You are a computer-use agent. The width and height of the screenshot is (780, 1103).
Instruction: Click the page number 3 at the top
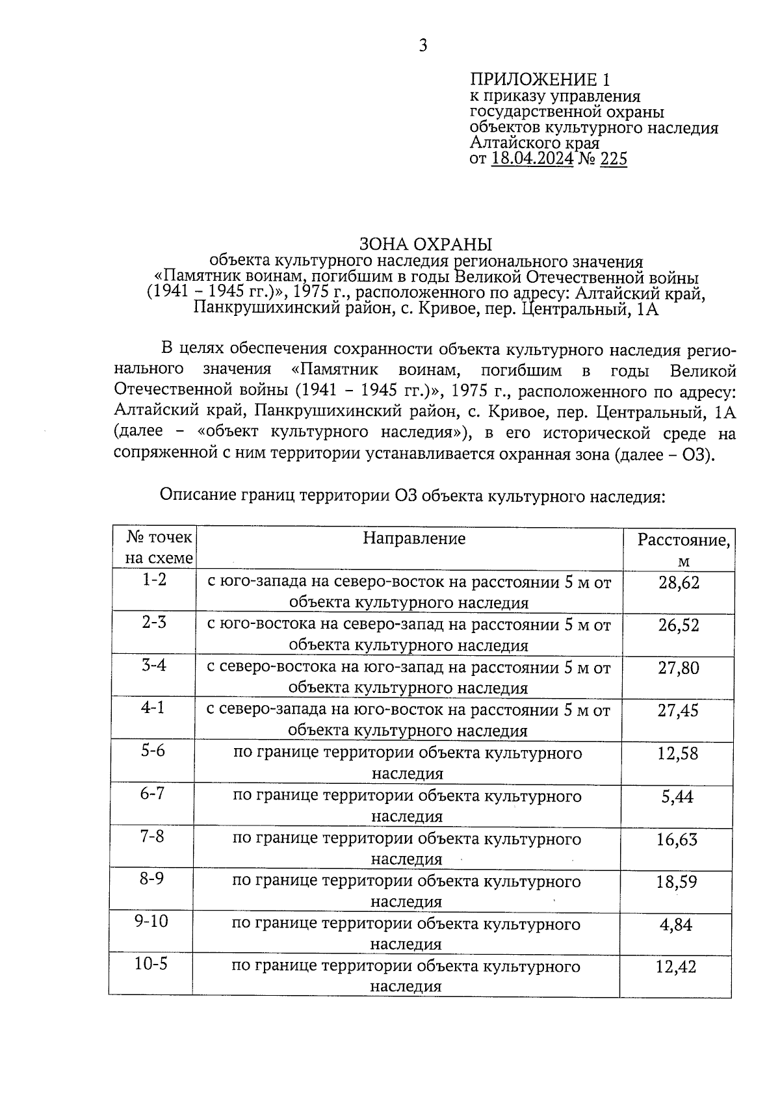[x=422, y=45]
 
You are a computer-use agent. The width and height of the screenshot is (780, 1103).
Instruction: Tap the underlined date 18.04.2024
[x=532, y=159]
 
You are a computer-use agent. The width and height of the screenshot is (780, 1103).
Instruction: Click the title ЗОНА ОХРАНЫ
[x=426, y=244]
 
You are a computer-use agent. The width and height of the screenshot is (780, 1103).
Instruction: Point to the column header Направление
[x=414, y=538]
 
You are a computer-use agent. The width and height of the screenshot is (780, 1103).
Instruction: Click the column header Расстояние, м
[x=682, y=549]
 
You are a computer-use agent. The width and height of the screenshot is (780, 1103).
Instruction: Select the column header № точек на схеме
[x=159, y=547]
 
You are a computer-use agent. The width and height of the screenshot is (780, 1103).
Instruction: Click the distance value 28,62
[x=679, y=582]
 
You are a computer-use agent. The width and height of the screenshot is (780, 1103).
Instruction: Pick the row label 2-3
[x=154, y=622]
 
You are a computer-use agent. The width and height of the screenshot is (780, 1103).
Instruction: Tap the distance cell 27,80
[x=679, y=668]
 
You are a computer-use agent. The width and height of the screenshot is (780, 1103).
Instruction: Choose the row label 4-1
[x=153, y=707]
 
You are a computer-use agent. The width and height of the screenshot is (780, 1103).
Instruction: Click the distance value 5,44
[x=677, y=796]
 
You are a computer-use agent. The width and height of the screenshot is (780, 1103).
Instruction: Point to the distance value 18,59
[x=677, y=882]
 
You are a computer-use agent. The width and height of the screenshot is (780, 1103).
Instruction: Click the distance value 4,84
[x=676, y=924]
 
